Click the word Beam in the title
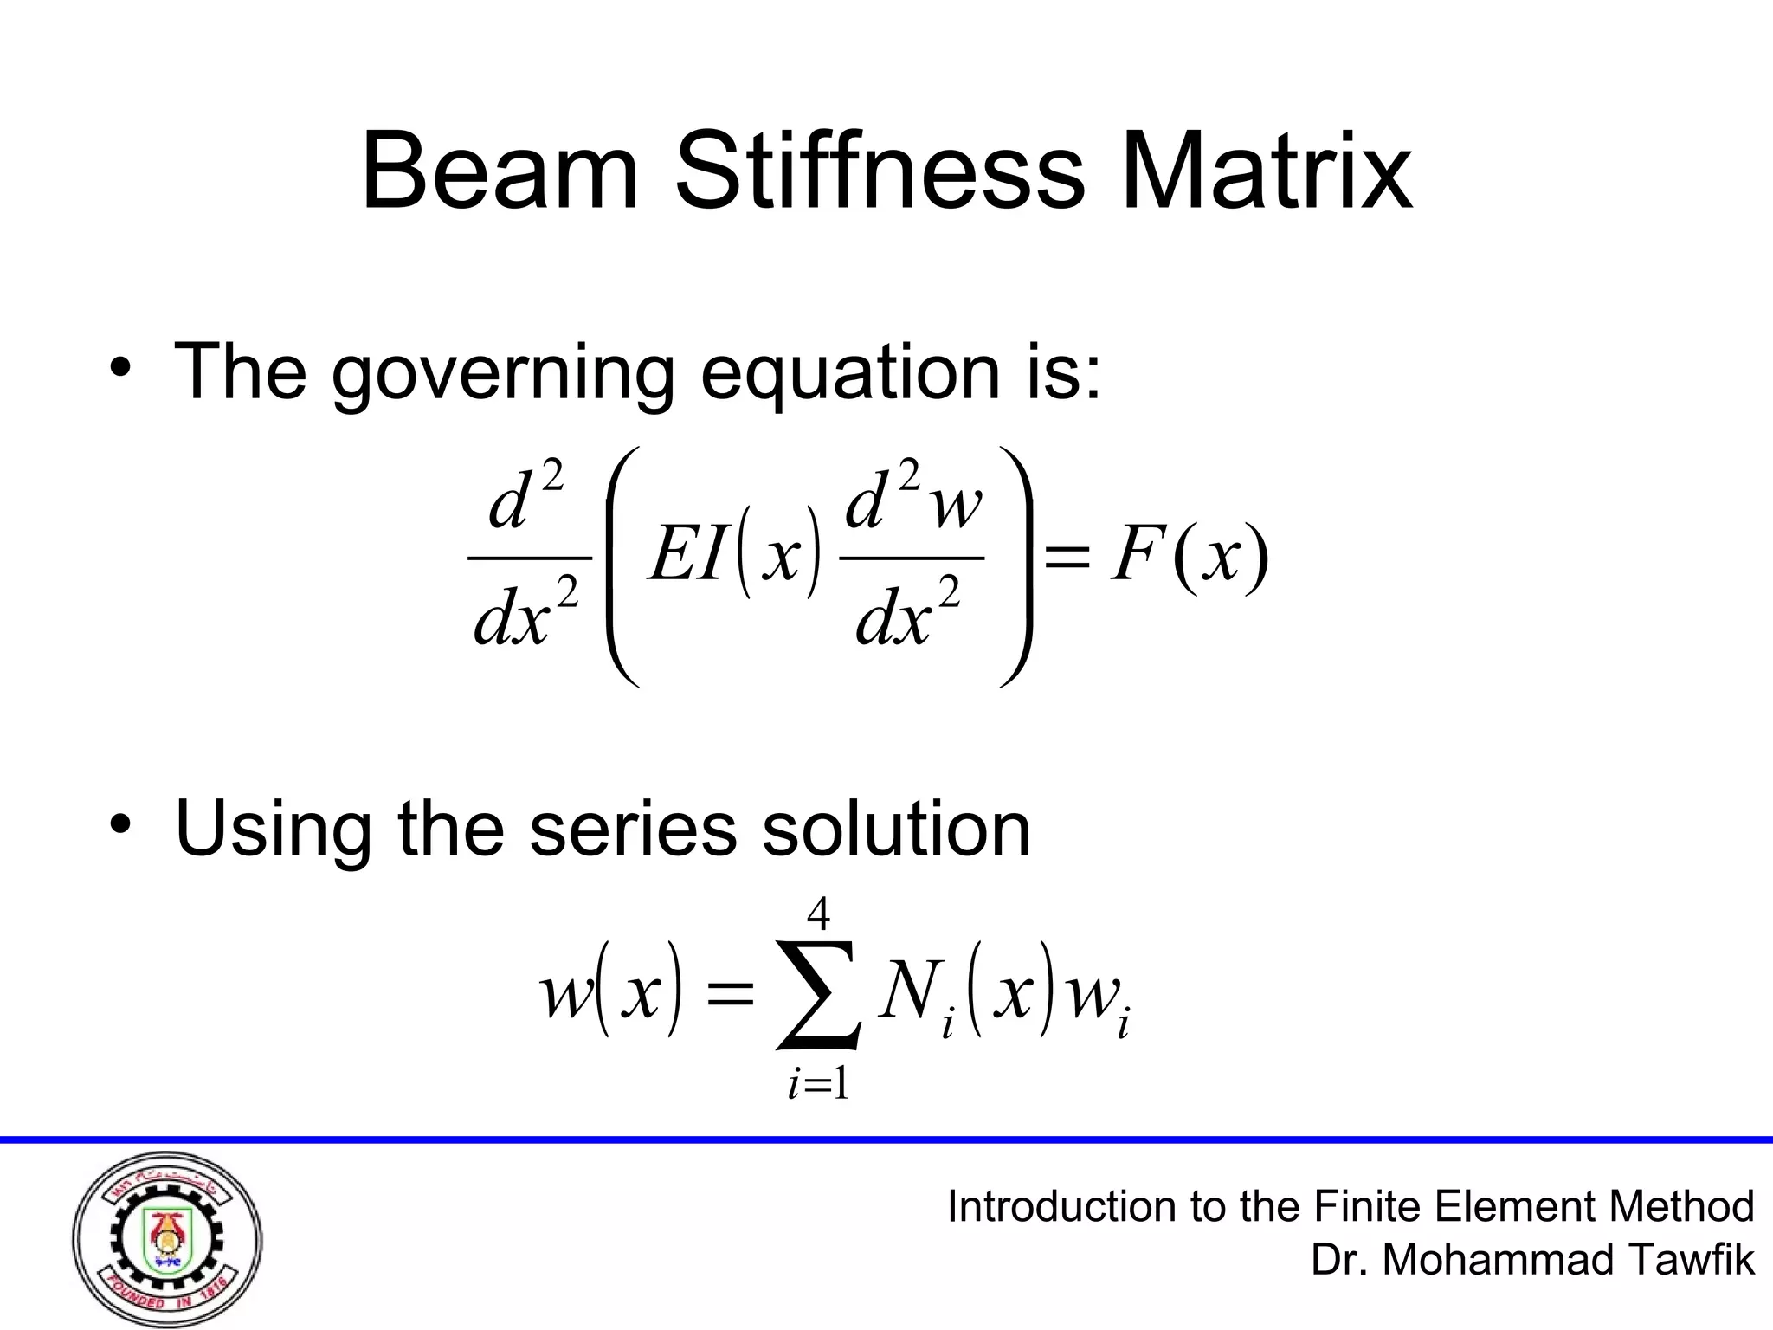499,171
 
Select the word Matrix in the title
1267,171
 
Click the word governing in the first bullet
502,374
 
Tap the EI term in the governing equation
687,556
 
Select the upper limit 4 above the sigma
818,914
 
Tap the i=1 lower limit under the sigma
817,1084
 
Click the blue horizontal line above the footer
886,1140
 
